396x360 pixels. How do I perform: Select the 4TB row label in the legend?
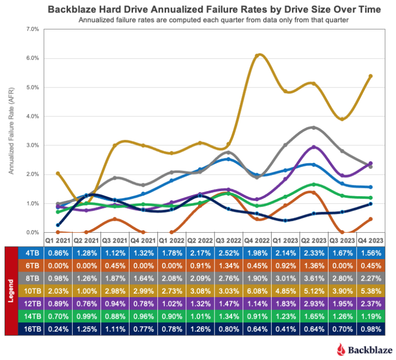(x=29, y=253)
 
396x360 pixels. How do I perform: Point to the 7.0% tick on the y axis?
(x=32, y=29)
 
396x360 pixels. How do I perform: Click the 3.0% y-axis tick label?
(x=32, y=146)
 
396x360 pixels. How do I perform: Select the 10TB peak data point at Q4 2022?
(x=258, y=55)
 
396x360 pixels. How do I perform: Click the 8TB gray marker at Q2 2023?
(x=313, y=128)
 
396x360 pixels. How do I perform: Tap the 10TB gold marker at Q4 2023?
(x=371, y=76)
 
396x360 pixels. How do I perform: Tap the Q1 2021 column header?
(x=58, y=240)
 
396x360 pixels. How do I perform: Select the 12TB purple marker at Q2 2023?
(x=313, y=147)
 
